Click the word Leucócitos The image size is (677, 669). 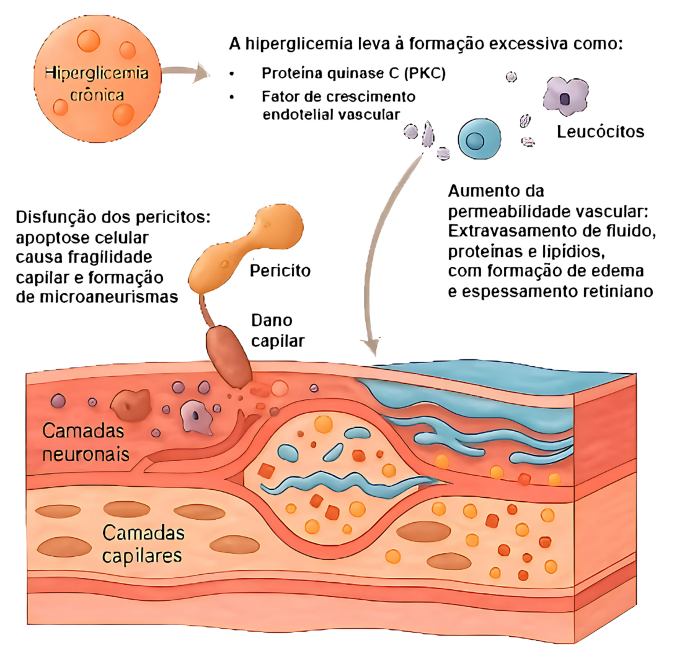point(600,132)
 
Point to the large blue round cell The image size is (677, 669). point(479,138)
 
